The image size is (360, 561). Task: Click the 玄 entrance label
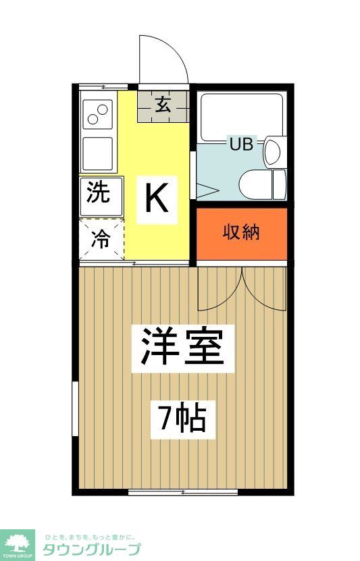pos(163,105)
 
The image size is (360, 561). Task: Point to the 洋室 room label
pos(182,347)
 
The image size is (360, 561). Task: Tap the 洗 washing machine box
pos(99,194)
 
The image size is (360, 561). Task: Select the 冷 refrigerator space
pos(100,240)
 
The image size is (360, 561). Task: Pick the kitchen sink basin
pos(98,153)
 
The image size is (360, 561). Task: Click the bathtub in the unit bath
pos(241,114)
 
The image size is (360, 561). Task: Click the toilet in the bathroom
pos(263,184)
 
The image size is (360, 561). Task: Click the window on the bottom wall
pos(182,493)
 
